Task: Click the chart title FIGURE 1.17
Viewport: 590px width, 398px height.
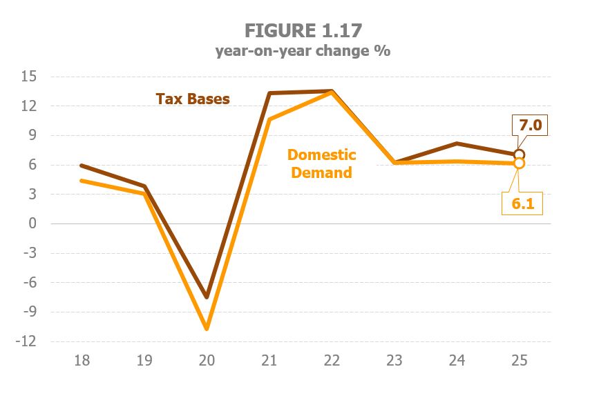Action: coord(303,31)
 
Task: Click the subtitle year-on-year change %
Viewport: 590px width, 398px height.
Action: coord(303,51)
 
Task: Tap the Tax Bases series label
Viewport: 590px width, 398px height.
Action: coord(193,99)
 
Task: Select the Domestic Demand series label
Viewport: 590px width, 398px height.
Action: coord(321,163)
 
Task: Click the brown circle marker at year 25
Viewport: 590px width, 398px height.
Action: coord(520,155)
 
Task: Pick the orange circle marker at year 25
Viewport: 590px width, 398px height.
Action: coord(520,163)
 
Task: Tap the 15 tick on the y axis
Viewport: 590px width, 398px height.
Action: coord(28,77)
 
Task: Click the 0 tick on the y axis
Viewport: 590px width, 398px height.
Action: coord(32,223)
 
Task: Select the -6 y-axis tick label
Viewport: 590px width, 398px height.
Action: coord(28,283)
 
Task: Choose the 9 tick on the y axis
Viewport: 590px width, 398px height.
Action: coord(32,135)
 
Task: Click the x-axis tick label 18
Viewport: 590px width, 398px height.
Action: coord(82,360)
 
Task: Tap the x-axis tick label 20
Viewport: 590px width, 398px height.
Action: coord(207,360)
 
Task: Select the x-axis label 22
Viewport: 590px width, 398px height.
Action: coord(332,360)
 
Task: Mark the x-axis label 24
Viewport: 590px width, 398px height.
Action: coord(457,360)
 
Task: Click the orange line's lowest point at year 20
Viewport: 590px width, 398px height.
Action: coord(207,328)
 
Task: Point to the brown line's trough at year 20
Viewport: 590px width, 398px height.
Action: coord(207,297)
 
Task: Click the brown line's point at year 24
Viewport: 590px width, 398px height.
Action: coord(457,143)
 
